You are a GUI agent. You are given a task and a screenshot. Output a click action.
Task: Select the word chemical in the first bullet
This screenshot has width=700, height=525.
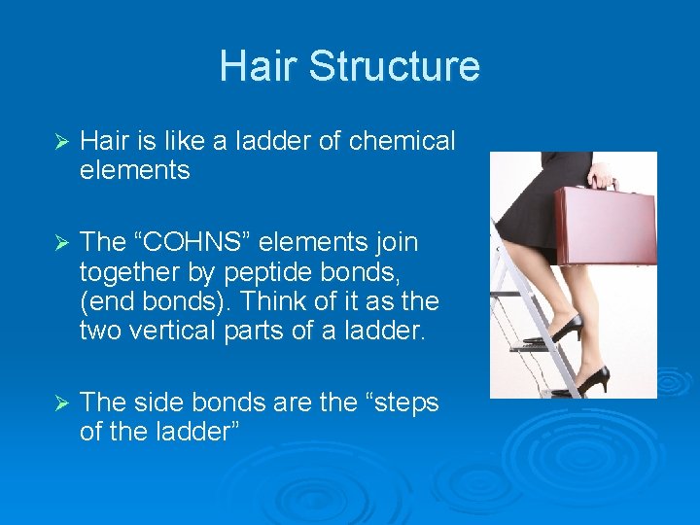click(x=402, y=142)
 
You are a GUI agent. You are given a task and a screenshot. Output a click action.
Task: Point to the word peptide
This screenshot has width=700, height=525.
click(x=273, y=271)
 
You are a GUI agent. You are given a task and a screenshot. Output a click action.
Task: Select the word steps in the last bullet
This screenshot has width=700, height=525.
click(x=400, y=402)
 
